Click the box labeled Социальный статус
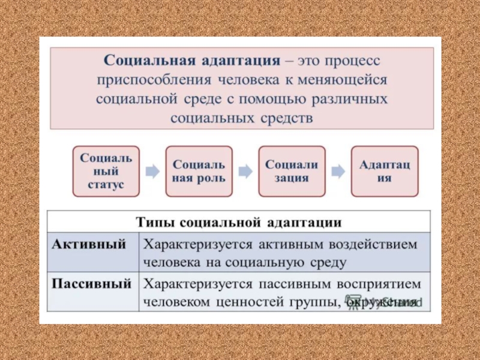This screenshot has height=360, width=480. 106,171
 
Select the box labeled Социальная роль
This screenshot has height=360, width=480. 199,171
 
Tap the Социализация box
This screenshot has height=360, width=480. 292,171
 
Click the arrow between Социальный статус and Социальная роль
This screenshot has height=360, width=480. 152,172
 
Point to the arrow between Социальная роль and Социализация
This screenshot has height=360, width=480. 245,172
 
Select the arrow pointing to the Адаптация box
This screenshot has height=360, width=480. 338,172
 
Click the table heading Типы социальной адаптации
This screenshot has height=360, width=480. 239,222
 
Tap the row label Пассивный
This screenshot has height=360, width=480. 91,283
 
